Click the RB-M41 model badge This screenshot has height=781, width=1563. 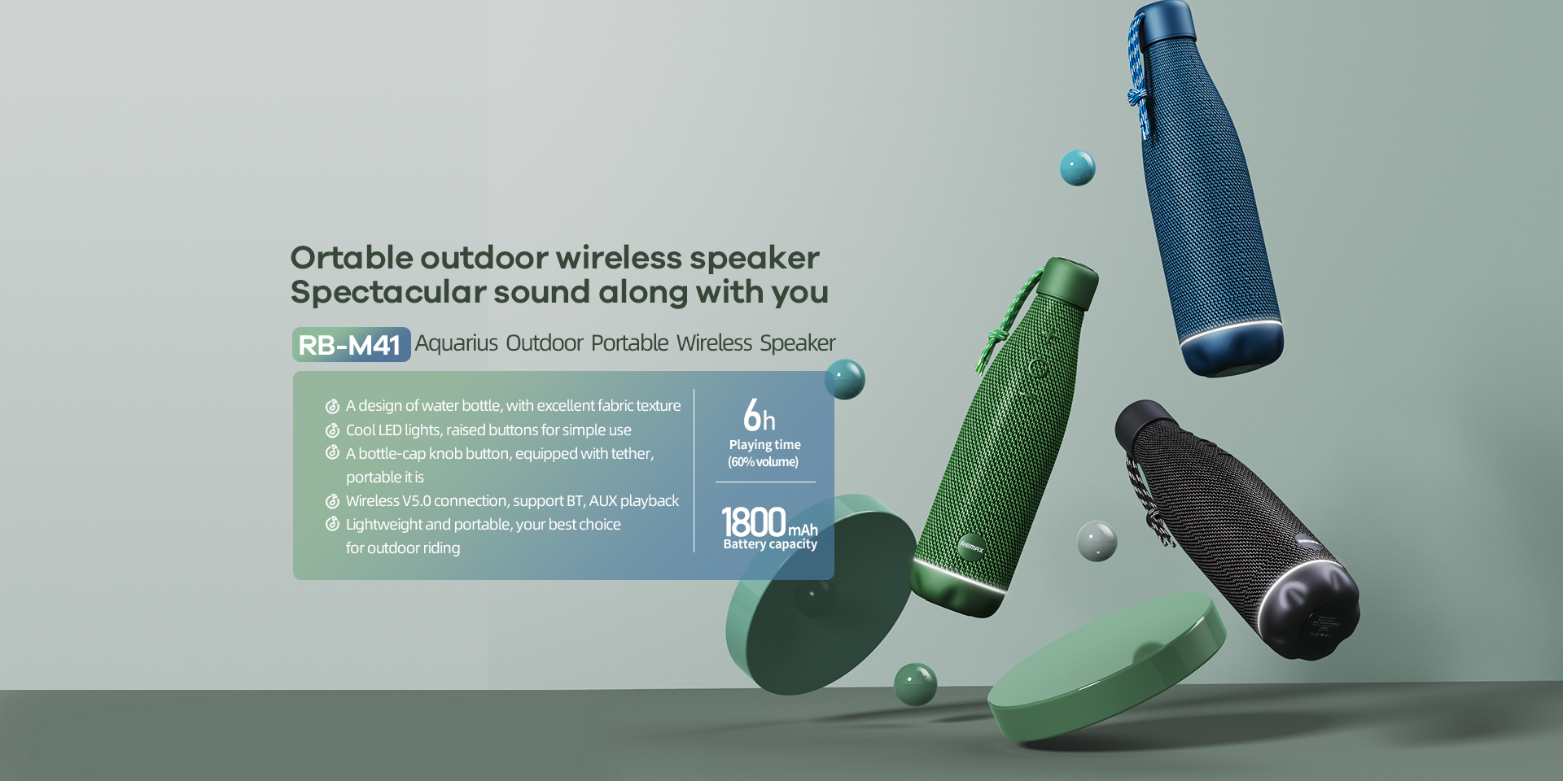point(352,344)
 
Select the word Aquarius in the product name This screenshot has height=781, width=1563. point(457,343)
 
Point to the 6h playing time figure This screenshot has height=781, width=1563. point(760,415)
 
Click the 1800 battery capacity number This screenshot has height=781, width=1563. point(753,521)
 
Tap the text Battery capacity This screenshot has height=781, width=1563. point(770,544)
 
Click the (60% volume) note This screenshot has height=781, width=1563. point(763,462)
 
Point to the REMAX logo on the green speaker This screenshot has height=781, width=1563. point(971,547)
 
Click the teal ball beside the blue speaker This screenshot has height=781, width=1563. point(1077,168)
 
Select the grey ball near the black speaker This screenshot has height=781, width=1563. point(1097,541)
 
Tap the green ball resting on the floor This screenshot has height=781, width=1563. point(915,683)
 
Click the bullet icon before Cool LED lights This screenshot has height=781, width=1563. point(332,430)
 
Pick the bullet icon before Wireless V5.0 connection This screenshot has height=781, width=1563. point(332,501)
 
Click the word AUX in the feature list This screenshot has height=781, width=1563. point(602,501)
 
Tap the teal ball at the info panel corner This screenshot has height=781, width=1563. point(845,379)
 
